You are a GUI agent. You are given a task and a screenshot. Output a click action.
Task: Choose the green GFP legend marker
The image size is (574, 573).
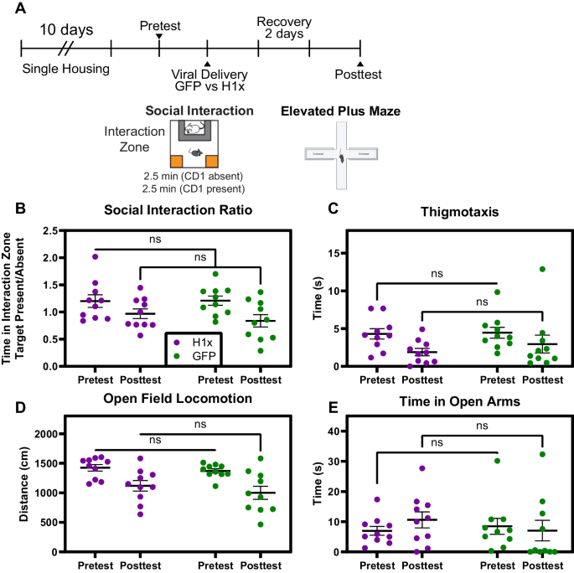[x=174, y=355]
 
